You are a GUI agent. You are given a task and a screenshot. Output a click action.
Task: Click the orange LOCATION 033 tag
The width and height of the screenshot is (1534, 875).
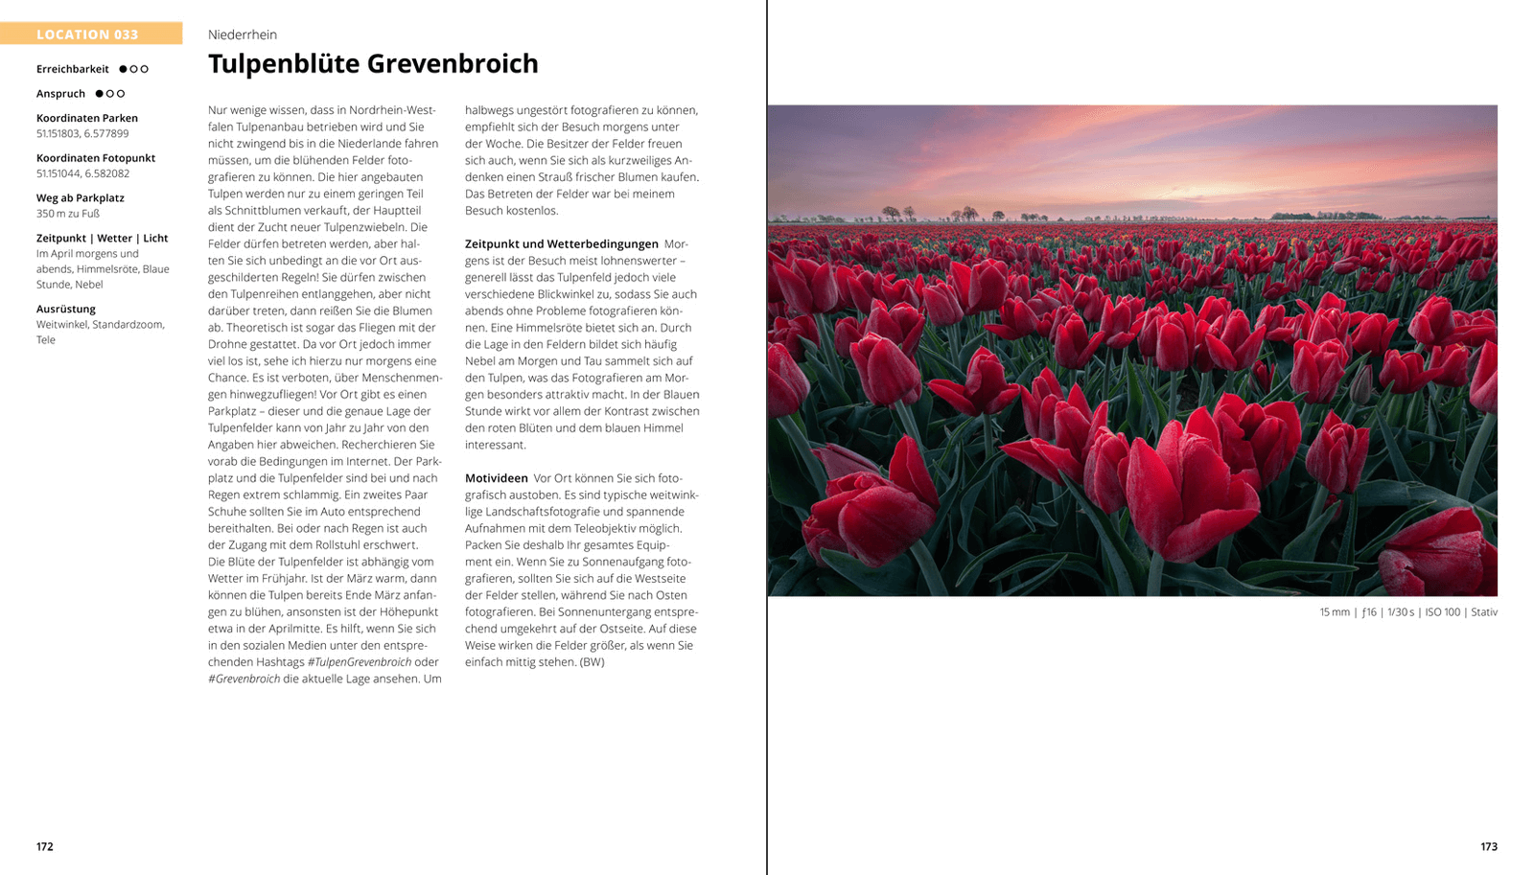(x=88, y=35)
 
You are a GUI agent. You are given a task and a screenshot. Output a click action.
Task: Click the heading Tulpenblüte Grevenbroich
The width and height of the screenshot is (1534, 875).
(x=373, y=64)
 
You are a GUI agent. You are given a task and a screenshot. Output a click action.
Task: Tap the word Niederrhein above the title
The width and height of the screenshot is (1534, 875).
(x=243, y=35)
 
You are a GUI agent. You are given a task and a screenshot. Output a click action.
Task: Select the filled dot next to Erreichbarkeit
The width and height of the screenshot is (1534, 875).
(x=123, y=69)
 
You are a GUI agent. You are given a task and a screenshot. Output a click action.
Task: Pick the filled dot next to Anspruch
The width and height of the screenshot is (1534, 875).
(x=99, y=94)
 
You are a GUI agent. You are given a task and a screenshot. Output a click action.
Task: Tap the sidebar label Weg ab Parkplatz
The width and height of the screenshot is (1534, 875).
(x=81, y=198)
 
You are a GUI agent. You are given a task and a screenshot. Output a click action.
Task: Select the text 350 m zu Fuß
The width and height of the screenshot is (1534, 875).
(x=68, y=214)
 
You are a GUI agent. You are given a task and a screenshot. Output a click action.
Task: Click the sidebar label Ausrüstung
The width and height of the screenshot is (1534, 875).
(x=66, y=309)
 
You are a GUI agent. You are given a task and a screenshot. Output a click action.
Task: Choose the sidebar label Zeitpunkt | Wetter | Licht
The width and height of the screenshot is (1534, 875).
(x=102, y=238)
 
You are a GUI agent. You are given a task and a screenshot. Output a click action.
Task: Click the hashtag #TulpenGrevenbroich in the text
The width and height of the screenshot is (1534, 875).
(x=360, y=662)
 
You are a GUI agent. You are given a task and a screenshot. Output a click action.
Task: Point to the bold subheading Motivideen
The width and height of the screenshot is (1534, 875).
(x=497, y=478)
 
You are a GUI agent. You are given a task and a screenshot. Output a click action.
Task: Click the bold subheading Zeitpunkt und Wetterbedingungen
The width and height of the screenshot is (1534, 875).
(x=562, y=244)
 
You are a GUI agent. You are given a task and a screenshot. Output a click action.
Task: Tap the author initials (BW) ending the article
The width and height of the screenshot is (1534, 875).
(x=593, y=662)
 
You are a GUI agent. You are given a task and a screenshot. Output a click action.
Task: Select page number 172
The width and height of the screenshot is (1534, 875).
(x=45, y=847)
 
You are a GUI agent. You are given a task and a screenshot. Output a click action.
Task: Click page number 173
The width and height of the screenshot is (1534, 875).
(x=1488, y=847)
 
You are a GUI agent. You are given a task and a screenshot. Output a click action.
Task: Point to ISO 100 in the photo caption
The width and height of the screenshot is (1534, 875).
(x=1442, y=612)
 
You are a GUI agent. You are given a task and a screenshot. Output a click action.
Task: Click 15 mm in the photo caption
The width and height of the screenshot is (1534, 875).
(x=1334, y=612)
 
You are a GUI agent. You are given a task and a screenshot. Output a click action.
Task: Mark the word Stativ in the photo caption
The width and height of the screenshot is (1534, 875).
(x=1483, y=612)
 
